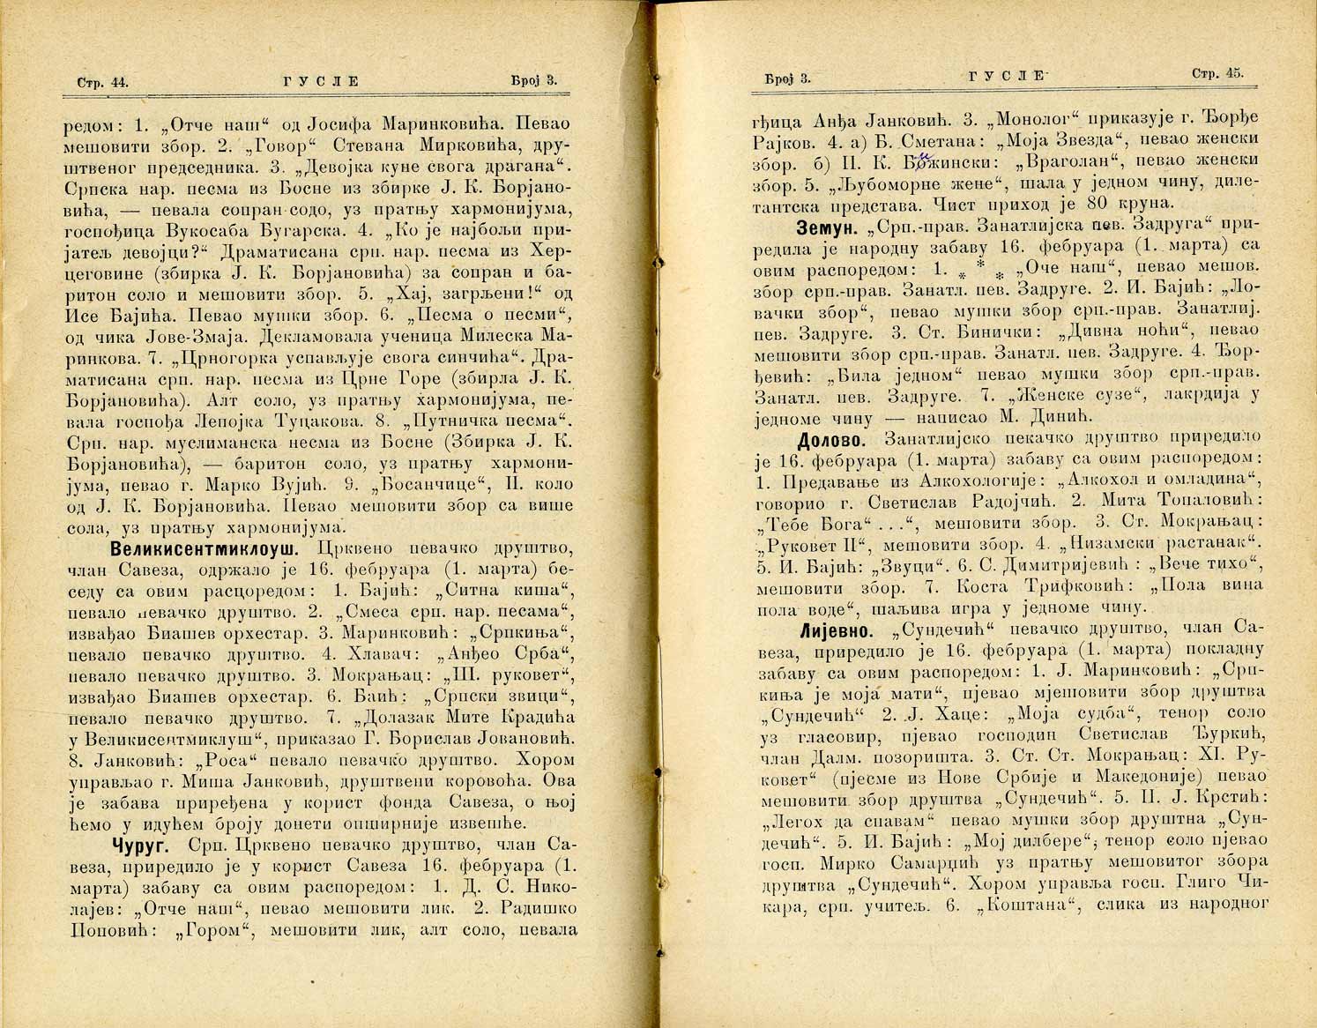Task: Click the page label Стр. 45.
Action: (1217, 74)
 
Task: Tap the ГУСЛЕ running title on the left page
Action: (321, 81)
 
